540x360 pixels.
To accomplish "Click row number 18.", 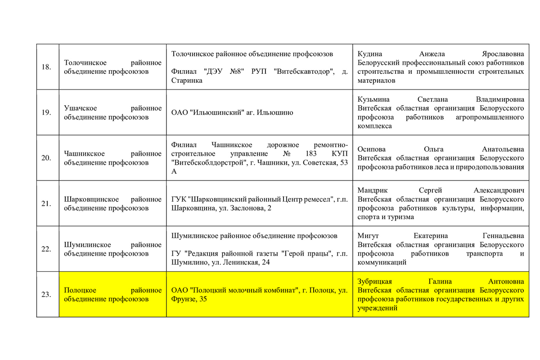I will tap(46, 67).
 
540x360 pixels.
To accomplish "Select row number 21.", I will tap(46, 203).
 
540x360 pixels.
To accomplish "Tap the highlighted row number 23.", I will tap(46, 295).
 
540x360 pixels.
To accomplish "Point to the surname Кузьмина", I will tap(373, 99).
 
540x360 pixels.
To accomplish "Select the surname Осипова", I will tap(371, 149).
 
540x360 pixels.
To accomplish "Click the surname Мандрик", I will tap(371, 190).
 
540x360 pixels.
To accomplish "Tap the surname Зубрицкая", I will tap(375, 281).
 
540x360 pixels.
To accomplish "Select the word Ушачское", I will tap(81, 108).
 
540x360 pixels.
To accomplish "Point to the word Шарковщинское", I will tap(91, 199).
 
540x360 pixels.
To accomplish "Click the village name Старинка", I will tap(187, 81).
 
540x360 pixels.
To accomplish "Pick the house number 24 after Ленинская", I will tap(265, 262).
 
